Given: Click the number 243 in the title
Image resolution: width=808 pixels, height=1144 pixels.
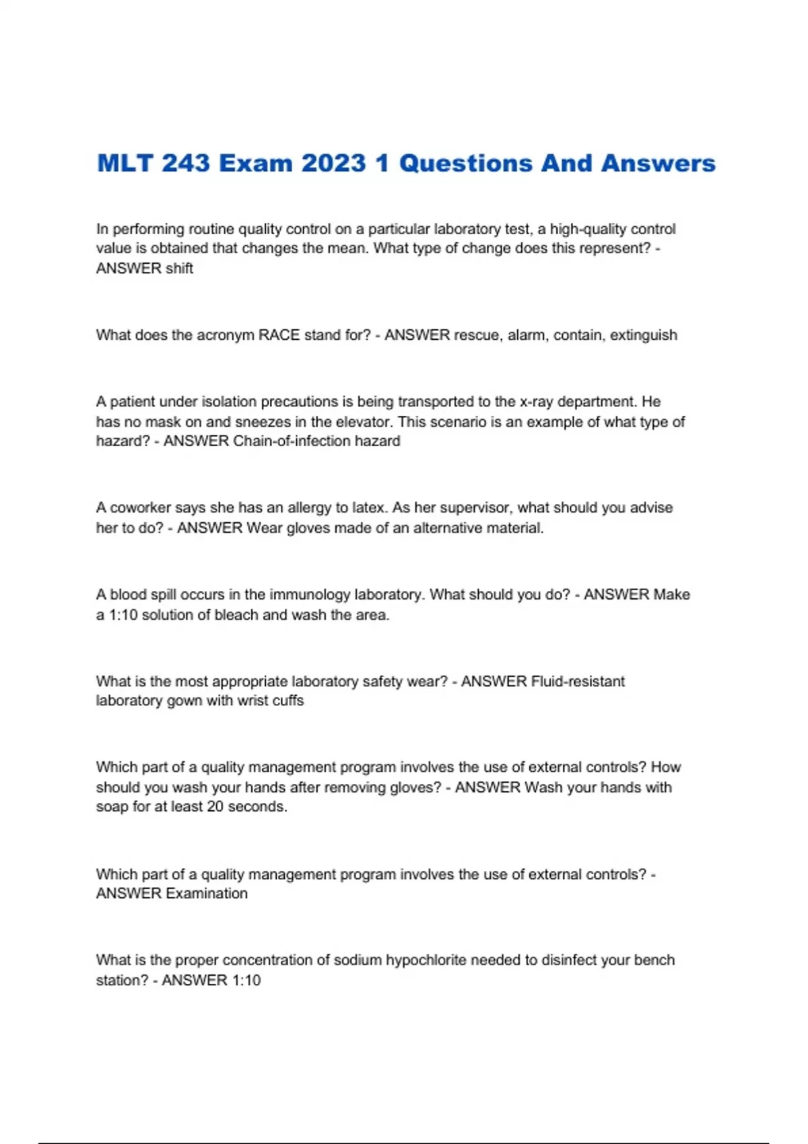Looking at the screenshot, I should [186, 164].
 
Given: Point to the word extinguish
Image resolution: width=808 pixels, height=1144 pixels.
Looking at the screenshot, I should [643, 335].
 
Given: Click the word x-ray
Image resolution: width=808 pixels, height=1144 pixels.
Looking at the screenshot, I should [537, 402].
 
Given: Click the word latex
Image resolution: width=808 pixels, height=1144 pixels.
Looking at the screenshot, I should [370, 508].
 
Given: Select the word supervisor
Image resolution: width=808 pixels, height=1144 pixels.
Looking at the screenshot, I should [462, 508].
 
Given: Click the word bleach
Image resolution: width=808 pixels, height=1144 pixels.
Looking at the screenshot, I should [236, 615].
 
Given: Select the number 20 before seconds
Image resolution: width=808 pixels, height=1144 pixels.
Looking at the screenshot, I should [215, 807].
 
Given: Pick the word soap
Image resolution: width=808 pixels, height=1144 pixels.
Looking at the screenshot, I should [112, 807].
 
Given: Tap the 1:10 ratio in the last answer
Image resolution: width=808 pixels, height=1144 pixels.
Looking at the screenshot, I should [246, 980].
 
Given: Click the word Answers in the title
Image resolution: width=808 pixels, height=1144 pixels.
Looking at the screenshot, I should [658, 164].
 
